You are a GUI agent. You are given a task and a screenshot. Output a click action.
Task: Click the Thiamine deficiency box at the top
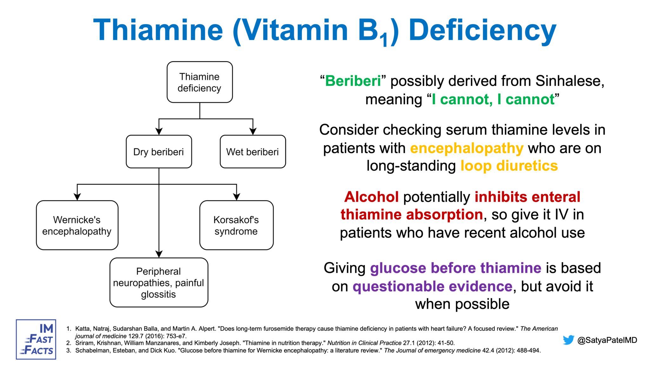point(200,82)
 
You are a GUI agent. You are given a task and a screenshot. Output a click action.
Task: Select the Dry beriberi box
point(159,152)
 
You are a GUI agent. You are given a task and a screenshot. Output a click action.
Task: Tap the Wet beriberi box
point(253,152)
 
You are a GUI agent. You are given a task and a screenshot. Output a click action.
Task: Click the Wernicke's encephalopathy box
point(77,225)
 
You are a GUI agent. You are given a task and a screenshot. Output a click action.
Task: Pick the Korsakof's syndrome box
point(236,225)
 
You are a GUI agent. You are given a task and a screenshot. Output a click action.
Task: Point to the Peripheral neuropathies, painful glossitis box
point(159,282)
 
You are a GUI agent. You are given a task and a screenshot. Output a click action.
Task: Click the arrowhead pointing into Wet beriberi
point(253,131)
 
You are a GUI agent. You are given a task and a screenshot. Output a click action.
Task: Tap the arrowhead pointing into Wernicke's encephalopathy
point(77,197)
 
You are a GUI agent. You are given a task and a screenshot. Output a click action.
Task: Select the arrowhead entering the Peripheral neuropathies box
point(159,254)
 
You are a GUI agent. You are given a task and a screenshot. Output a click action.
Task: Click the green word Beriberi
point(353,81)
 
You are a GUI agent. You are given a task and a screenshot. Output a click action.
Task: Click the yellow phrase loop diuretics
point(509,166)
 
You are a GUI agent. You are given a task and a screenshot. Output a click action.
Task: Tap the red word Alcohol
point(371,197)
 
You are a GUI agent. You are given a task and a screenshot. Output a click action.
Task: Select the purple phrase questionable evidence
point(432,286)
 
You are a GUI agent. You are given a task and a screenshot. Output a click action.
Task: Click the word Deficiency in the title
point(482,30)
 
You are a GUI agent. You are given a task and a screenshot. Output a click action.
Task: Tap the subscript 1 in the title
point(385,40)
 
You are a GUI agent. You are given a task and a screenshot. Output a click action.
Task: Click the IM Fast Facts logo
point(36,339)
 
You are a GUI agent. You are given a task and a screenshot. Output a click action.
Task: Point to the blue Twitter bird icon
point(568,340)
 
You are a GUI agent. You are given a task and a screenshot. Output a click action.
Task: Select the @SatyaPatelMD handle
point(607,340)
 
